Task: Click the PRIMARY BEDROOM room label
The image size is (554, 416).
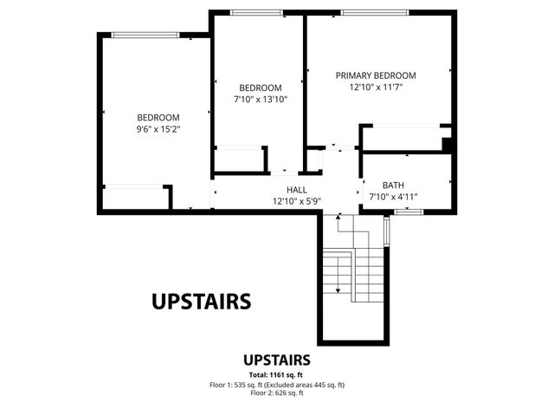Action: (x=376, y=75)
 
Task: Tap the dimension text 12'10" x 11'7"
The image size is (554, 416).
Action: (x=376, y=88)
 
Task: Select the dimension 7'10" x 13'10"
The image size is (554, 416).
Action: (x=260, y=100)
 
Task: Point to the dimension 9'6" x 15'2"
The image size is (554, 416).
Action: (x=158, y=129)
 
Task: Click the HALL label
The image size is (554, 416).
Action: (x=297, y=190)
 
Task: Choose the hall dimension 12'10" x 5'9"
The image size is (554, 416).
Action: (x=297, y=201)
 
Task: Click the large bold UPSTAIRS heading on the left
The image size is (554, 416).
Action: (x=201, y=301)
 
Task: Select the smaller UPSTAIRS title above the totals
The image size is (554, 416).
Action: (x=277, y=360)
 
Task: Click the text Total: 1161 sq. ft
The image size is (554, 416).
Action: (x=277, y=374)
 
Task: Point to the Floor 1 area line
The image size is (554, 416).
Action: (x=277, y=384)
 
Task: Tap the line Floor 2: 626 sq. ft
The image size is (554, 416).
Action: (x=277, y=393)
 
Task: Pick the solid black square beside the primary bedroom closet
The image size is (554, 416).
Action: (x=447, y=145)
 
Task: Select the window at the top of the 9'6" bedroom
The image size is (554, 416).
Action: (x=145, y=35)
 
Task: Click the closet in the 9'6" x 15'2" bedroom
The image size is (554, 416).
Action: (x=134, y=198)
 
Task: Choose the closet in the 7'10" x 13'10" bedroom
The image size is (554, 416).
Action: (x=239, y=160)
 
